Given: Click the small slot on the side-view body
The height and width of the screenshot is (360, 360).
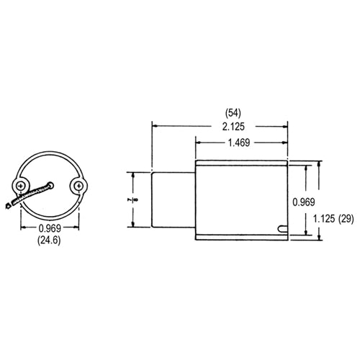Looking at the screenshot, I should tap(282, 230).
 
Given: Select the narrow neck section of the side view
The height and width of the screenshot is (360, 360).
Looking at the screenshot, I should tap(174, 199).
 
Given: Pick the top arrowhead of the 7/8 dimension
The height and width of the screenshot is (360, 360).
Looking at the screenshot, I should tap(132, 174).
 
